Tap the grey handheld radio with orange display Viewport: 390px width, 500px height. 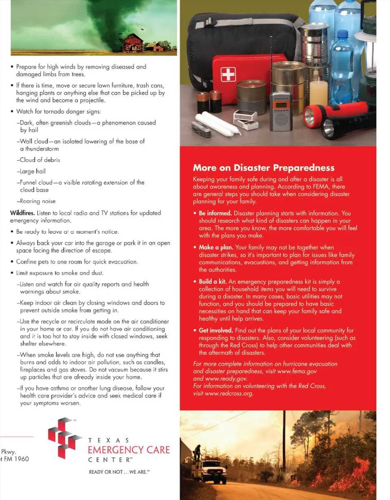pyautogui.click(x=281, y=111)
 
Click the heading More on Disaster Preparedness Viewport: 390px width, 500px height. pyautogui.click(x=264, y=168)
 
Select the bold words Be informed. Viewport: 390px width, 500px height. pyautogui.click(x=215, y=213)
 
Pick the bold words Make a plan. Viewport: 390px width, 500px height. pyautogui.click(x=216, y=247)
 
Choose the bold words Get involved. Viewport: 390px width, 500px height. pyautogui.click(x=216, y=330)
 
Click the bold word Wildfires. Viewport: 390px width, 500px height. pyautogui.click(x=22, y=213)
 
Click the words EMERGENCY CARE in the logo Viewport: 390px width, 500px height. pyautogui.click(x=129, y=450)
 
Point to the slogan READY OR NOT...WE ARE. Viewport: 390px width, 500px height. pyautogui.click(x=119, y=472)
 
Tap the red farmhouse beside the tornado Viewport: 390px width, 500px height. pyautogui.click(x=133, y=43)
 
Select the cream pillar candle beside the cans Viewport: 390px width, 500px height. pyautogui.click(x=318, y=93)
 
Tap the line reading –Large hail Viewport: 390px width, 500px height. pyautogui.click(x=31, y=171)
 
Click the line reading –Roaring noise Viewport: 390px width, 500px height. pyautogui.click(x=36, y=201)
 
